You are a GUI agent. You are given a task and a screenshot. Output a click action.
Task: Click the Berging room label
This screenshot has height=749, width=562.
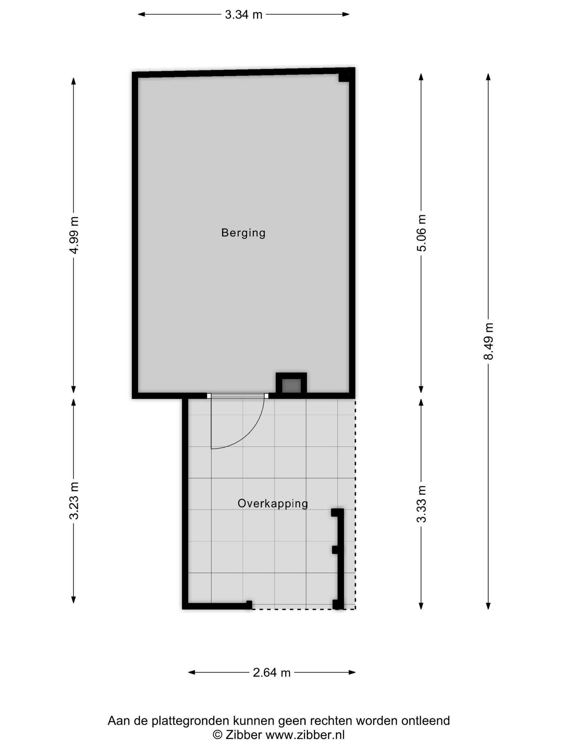[x=243, y=233]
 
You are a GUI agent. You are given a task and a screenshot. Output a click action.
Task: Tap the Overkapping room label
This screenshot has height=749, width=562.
[x=273, y=504]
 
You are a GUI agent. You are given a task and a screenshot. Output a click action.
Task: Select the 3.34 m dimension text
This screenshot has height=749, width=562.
[x=244, y=15]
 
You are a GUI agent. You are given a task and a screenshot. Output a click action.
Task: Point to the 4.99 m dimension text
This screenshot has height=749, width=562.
[x=74, y=235]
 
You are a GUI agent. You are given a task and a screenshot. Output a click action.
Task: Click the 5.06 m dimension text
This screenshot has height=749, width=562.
[x=421, y=233]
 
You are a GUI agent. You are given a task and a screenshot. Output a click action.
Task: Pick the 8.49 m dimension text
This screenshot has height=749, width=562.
[x=488, y=341]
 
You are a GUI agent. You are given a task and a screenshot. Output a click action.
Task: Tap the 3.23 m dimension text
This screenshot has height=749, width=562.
[x=74, y=501]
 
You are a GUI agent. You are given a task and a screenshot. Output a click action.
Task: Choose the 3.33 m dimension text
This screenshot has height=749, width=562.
[x=421, y=504]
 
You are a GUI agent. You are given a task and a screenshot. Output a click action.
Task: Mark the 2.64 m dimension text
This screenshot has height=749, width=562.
[x=271, y=673]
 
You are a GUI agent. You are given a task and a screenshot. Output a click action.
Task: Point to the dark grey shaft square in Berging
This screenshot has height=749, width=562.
[x=291, y=386]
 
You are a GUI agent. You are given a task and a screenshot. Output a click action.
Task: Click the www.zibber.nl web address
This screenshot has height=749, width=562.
[x=305, y=735]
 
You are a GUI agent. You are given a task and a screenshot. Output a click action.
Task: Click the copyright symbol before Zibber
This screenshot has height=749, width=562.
[x=218, y=735]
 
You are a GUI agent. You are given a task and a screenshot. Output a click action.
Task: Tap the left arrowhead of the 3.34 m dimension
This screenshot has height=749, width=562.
[x=141, y=15]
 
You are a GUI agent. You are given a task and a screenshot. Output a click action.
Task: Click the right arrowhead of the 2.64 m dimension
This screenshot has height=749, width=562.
[x=352, y=672]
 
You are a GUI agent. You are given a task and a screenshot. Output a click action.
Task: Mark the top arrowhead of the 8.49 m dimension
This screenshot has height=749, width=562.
[x=488, y=77]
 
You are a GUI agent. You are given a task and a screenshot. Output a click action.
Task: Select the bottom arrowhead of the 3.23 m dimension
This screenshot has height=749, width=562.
[x=74, y=600]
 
